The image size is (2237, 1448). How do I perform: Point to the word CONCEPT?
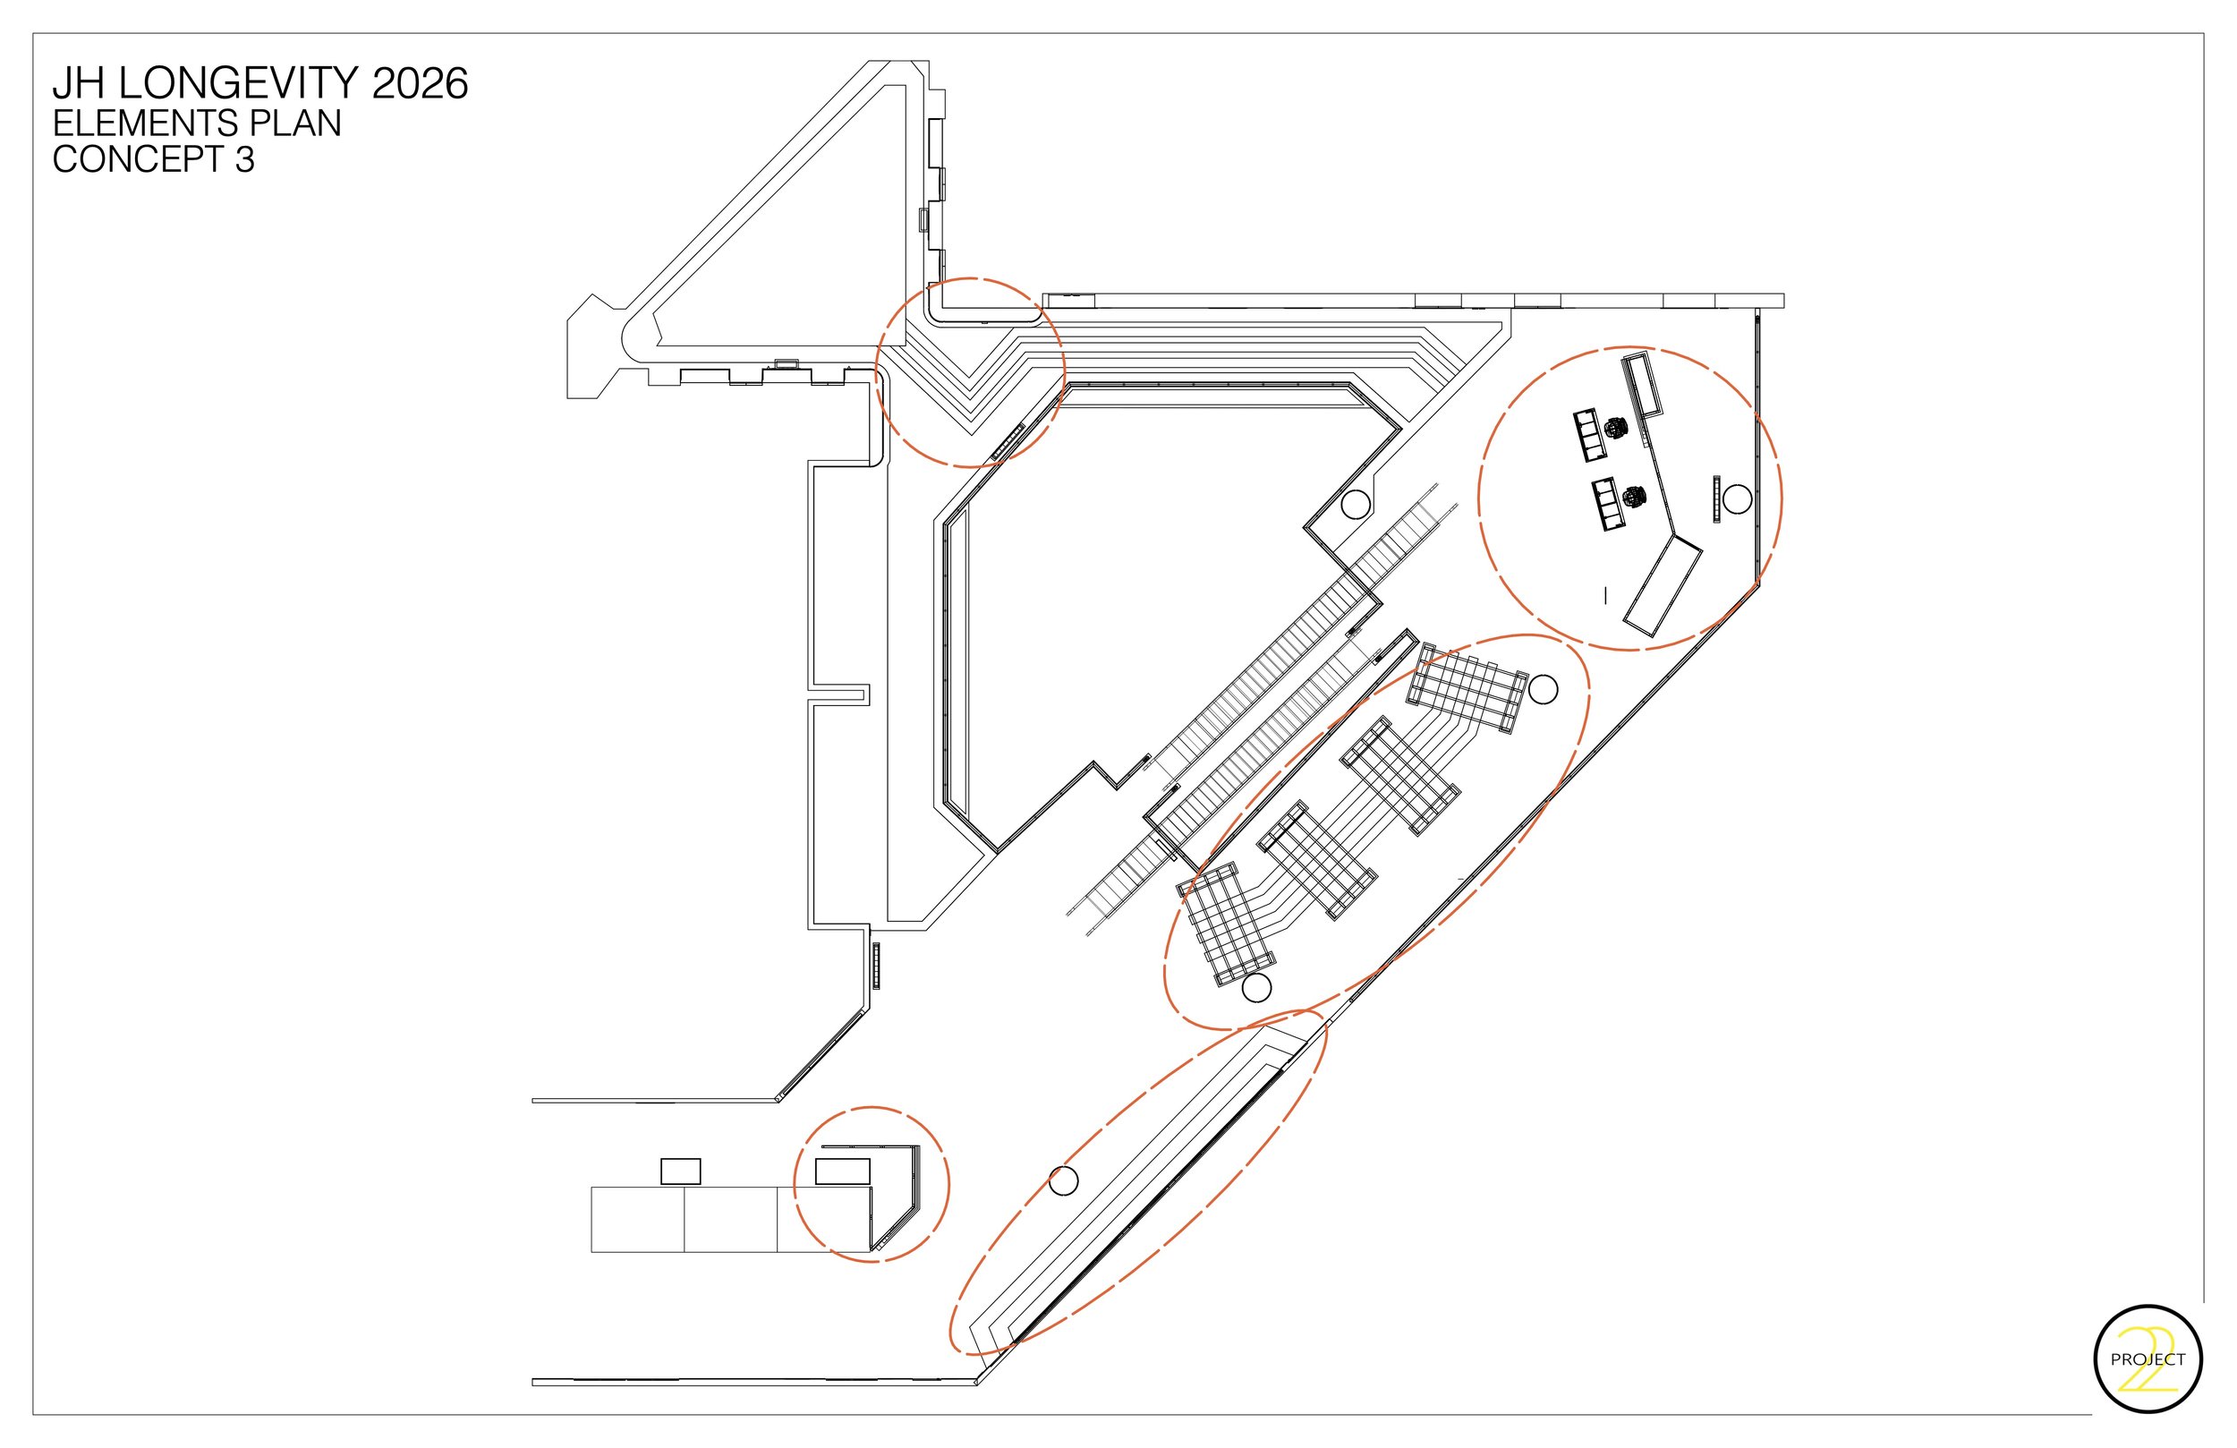[x=137, y=160]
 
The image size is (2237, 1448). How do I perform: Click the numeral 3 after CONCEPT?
[x=244, y=160]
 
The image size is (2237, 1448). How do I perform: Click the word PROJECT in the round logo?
[x=2148, y=1359]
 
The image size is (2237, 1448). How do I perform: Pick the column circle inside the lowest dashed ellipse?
[x=1063, y=1181]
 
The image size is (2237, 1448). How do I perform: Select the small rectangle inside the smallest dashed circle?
[x=842, y=1171]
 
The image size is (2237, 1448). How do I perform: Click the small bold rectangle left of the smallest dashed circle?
[x=681, y=1171]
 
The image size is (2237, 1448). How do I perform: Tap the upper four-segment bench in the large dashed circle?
[x=1590, y=434]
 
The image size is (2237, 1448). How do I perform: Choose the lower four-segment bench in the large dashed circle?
[x=1609, y=504]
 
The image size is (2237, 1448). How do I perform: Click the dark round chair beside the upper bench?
[x=1616, y=428]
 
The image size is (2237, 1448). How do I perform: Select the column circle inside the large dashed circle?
[x=1737, y=499]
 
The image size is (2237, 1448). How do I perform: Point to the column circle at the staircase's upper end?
[x=1355, y=505]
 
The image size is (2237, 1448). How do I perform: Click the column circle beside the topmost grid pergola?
[x=1543, y=689]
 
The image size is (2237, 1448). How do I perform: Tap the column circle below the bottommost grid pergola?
[x=1256, y=987]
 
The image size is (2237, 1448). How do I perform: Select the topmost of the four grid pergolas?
[x=1467, y=689]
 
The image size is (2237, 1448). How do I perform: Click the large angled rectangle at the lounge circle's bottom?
[x=1663, y=587]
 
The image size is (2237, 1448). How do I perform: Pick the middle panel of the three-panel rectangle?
[x=730, y=1219]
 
